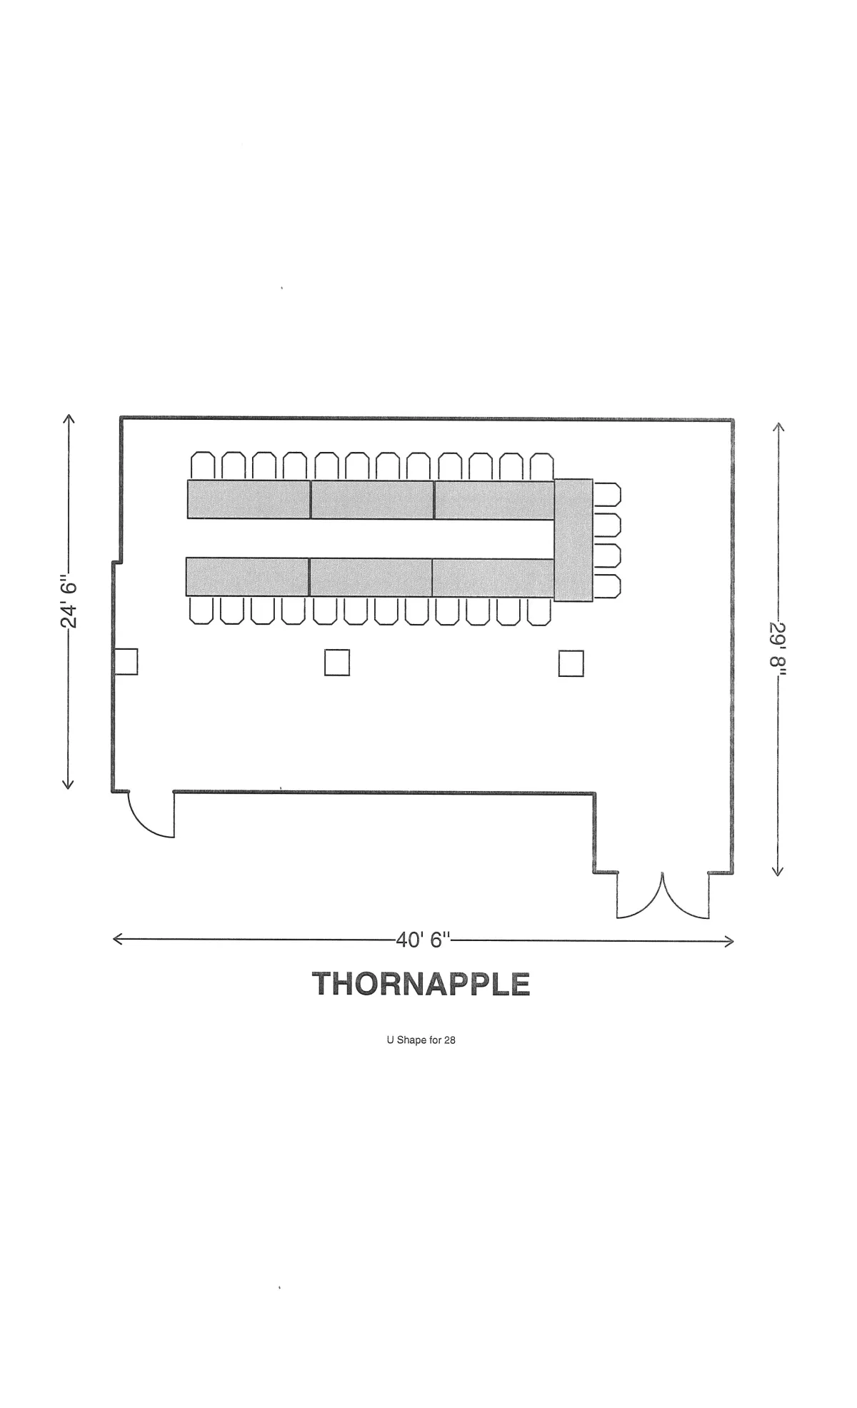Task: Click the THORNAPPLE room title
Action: pos(421,984)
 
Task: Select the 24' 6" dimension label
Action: pos(69,600)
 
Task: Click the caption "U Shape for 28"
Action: pos(421,1040)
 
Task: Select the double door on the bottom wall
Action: pos(663,895)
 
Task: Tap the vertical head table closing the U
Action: pos(573,540)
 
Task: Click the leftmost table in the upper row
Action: pos(249,499)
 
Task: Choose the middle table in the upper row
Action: pos(372,500)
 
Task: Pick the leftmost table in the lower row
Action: pos(247,577)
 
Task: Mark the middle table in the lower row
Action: pos(371,577)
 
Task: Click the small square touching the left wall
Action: pos(126,661)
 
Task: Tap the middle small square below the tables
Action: pos(337,662)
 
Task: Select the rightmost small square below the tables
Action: pos(571,663)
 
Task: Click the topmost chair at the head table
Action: pos(608,494)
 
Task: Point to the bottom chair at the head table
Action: pos(608,586)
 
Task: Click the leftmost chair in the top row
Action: pos(203,466)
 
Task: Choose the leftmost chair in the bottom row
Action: pos(201,611)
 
